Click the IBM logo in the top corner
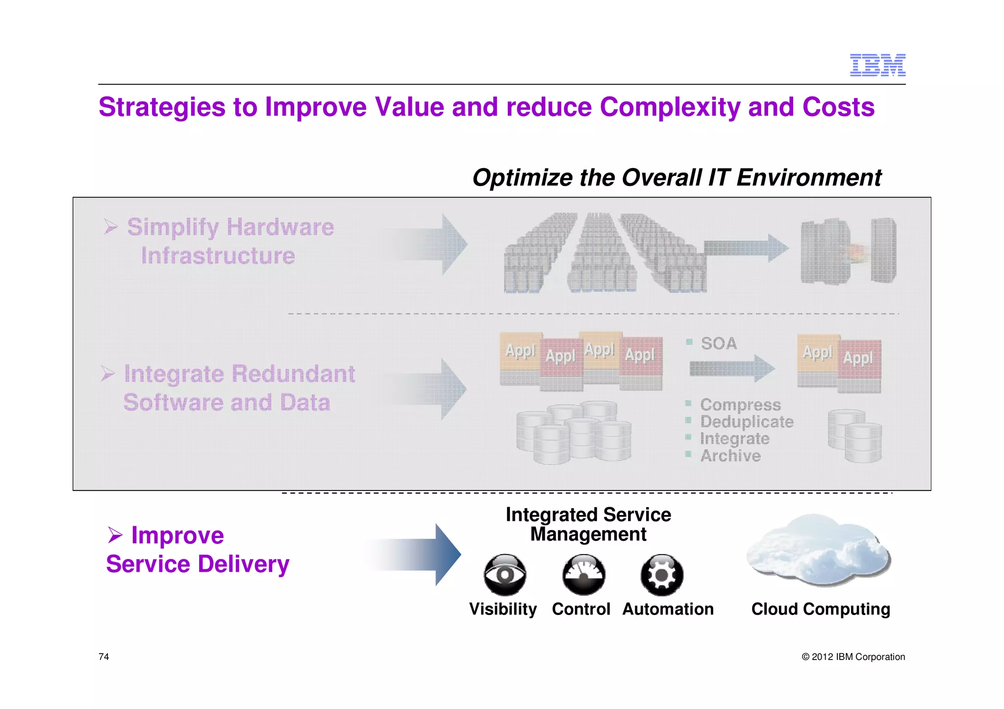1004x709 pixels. tap(878, 65)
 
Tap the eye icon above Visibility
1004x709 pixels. tap(504, 575)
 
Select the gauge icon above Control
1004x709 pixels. tap(583, 575)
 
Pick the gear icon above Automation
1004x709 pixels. tap(662, 575)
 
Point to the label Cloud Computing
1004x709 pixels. tap(821, 609)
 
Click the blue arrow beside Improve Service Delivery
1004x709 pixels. tap(417, 554)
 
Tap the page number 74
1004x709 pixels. tap(104, 657)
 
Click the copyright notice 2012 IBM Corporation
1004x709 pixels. tap(853, 657)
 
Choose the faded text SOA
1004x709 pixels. tap(719, 343)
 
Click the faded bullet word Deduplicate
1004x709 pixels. tap(747, 422)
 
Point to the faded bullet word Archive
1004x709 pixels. tap(730, 456)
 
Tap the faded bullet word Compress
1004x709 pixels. tap(740, 405)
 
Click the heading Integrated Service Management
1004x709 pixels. tap(588, 524)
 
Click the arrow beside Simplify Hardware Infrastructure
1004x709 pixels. tap(431, 244)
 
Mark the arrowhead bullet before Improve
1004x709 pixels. tap(115, 535)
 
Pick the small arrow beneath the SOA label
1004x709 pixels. tap(732, 368)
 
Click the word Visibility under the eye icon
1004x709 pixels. tap(503, 609)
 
